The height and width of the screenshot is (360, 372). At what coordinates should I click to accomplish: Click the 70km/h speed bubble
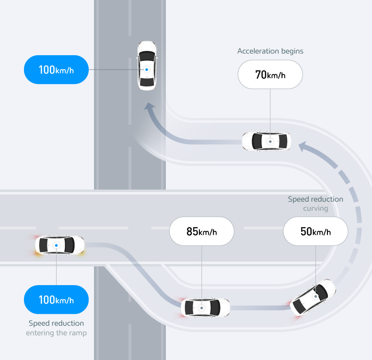pyautogui.click(x=270, y=74)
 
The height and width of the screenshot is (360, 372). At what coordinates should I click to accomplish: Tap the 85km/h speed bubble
pyautogui.click(x=201, y=232)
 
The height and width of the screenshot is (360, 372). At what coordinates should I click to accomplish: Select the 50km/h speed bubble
pyautogui.click(x=315, y=232)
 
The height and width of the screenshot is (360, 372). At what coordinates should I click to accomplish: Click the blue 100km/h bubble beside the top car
pyautogui.click(x=56, y=70)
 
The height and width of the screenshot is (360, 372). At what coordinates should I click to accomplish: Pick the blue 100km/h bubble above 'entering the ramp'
pyautogui.click(x=56, y=300)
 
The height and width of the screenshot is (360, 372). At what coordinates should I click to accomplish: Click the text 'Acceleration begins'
pyautogui.click(x=270, y=51)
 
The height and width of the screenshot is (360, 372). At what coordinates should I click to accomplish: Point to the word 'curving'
pyautogui.click(x=315, y=209)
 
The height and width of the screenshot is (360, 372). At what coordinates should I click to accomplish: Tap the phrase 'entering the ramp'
pyautogui.click(x=56, y=333)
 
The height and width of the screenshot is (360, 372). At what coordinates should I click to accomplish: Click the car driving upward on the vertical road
pyautogui.click(x=147, y=66)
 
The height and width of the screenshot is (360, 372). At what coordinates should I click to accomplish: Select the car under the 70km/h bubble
pyautogui.click(x=266, y=141)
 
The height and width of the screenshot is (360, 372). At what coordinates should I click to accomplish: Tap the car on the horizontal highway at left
pyautogui.click(x=60, y=245)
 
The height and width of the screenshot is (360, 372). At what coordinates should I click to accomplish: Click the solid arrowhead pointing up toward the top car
pyautogui.click(x=151, y=110)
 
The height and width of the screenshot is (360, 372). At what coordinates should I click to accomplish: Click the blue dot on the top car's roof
pyautogui.click(x=147, y=69)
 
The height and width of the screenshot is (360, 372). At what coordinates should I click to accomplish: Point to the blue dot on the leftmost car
pyautogui.click(x=57, y=245)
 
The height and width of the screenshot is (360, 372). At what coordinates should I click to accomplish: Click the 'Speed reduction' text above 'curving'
pyautogui.click(x=315, y=199)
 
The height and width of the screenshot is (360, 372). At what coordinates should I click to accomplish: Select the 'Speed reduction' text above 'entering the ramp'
pyautogui.click(x=56, y=323)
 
